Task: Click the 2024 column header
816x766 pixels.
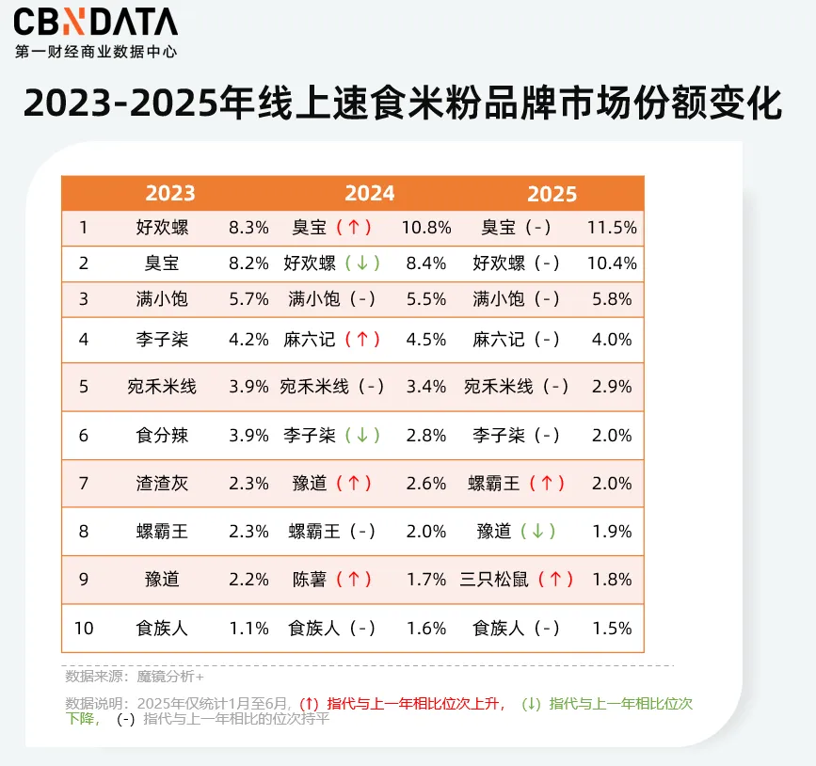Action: click(369, 193)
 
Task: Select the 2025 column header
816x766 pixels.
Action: click(552, 193)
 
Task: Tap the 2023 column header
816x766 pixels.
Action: click(170, 193)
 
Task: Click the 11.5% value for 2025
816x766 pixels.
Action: click(612, 228)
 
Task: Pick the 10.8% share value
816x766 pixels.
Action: click(425, 228)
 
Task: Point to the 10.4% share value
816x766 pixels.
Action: click(612, 263)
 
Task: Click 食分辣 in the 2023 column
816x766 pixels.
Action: click(162, 435)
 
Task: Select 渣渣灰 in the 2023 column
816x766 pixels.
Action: click(162, 484)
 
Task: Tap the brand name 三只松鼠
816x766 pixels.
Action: click(494, 580)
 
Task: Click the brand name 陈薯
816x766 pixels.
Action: click(310, 580)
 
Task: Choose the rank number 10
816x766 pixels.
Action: click(84, 628)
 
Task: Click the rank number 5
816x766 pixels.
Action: click(84, 387)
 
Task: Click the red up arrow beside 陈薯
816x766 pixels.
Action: click(354, 580)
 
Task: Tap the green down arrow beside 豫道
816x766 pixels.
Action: click(538, 532)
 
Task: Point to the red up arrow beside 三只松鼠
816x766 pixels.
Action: click(555, 580)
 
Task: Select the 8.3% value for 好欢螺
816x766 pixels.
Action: click(248, 228)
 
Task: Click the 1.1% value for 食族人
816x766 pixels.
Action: click(248, 628)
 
